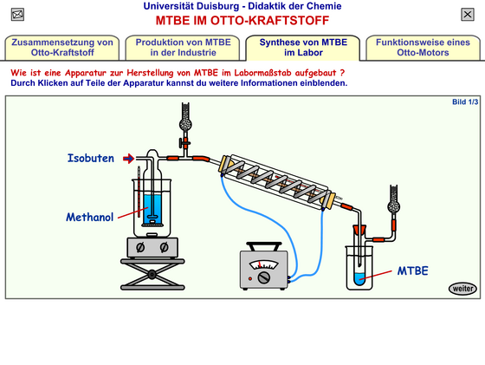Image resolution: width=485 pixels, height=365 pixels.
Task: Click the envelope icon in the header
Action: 17,15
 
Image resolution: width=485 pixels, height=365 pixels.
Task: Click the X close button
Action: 468,14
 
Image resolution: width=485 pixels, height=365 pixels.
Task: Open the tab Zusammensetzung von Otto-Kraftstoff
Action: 62,48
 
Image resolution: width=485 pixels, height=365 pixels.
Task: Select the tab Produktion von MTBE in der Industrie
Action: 183,48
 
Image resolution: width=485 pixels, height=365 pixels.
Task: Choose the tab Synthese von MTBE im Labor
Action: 303,48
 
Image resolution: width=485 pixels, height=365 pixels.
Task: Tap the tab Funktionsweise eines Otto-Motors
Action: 423,48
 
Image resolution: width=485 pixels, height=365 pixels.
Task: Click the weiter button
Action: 462,289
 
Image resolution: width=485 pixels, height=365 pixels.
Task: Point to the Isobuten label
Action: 91,158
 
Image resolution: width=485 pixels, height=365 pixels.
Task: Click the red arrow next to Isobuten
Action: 128,159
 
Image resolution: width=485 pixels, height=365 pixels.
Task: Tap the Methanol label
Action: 90,217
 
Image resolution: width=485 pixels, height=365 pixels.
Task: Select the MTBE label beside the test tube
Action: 412,270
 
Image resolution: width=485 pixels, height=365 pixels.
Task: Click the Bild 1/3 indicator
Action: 465,101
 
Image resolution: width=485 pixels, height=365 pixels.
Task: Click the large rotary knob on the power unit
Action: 264,277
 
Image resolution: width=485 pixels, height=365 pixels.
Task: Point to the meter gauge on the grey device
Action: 264,265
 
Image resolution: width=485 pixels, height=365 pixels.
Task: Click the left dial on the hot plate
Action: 140,247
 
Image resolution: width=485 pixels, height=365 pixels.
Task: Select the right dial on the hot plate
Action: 165,247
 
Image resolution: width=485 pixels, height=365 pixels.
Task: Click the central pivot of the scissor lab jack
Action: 152,274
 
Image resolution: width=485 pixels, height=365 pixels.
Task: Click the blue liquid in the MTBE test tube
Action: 359,279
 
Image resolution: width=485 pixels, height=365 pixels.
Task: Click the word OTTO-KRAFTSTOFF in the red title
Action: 269,21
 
